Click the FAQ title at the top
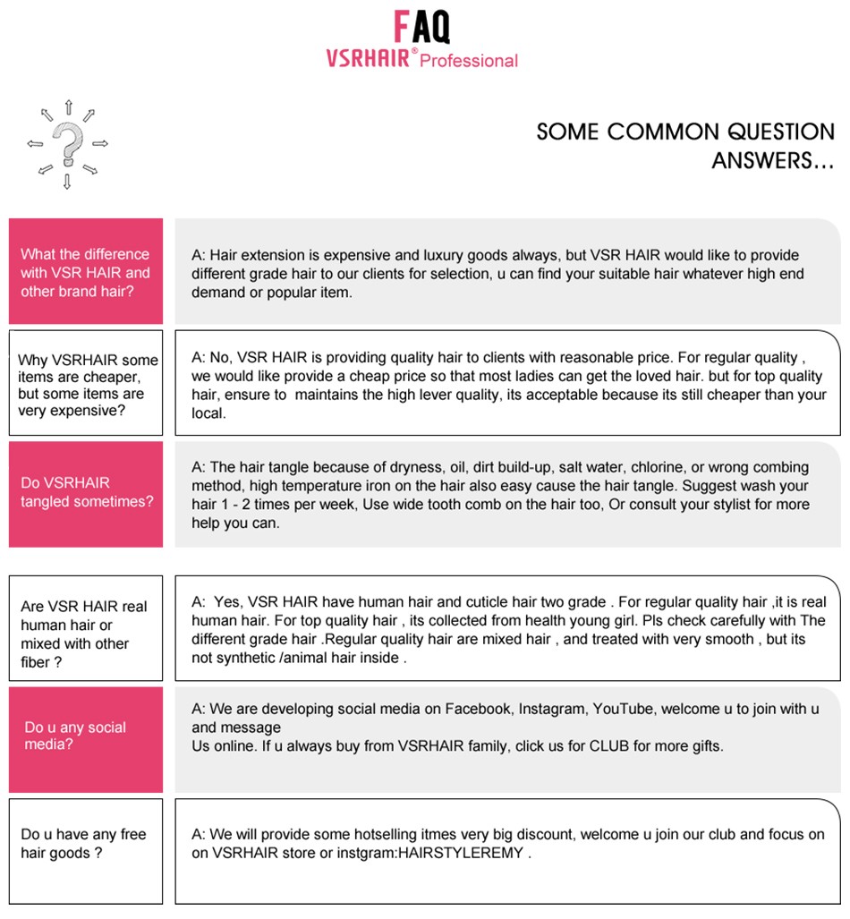[x=422, y=27]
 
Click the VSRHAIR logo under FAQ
[x=368, y=59]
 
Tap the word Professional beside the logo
[x=469, y=61]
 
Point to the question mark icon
[x=68, y=143]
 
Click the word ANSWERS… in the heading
[x=773, y=162]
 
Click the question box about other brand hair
[x=86, y=272]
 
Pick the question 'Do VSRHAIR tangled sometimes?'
[x=86, y=492]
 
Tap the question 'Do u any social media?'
[x=86, y=736]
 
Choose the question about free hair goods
[x=86, y=843]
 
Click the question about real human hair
[x=86, y=634]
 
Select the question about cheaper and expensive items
[x=86, y=386]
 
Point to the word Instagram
[x=553, y=709]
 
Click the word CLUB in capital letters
[x=608, y=745]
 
